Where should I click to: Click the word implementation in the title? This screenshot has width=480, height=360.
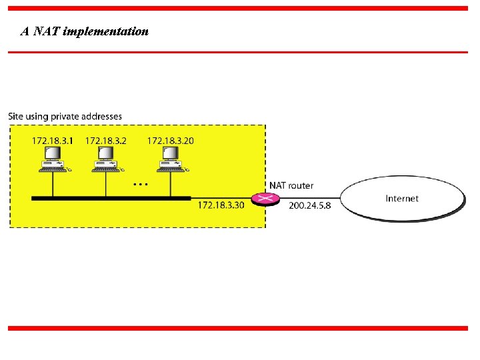(105, 31)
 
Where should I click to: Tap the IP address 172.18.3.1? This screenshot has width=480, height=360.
(52, 141)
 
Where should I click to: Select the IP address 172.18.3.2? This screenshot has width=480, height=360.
(105, 141)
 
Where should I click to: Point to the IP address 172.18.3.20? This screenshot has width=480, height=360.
(170, 141)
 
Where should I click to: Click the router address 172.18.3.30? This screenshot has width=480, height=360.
(221, 205)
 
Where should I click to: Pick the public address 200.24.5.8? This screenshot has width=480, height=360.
(309, 205)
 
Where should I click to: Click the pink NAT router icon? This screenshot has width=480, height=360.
(266, 198)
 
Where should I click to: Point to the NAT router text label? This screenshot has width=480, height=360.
(291, 185)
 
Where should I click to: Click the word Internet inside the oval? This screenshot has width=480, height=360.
(402, 198)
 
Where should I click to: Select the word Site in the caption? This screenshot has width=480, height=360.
(15, 117)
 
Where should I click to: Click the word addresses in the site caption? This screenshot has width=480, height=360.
(103, 117)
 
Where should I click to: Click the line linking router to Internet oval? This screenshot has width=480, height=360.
(309, 198)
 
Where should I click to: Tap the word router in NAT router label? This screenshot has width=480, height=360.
(300, 185)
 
